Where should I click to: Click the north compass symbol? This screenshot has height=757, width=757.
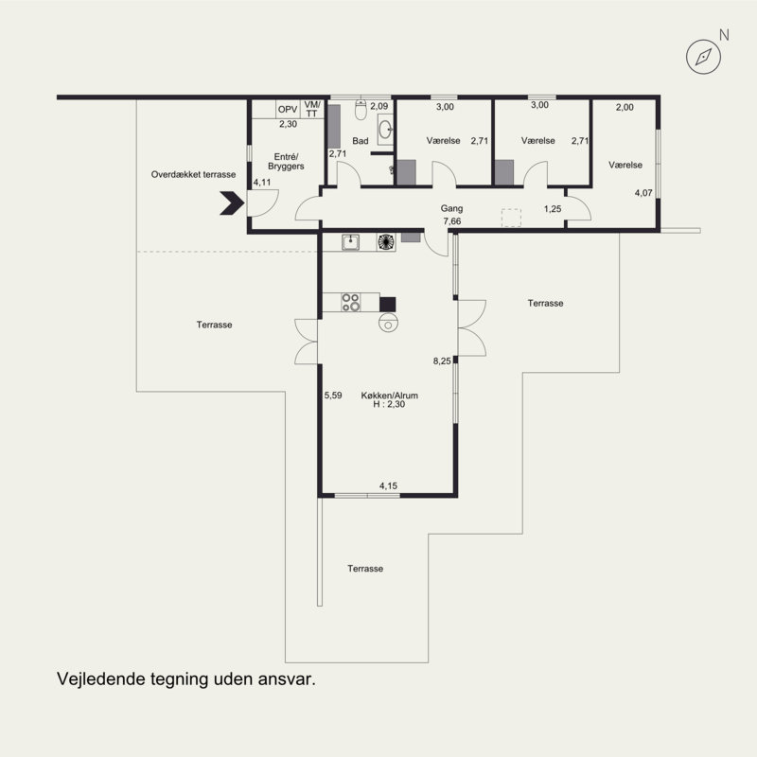pyautogui.click(x=703, y=57)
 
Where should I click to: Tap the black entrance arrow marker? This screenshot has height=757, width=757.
pyautogui.click(x=232, y=202)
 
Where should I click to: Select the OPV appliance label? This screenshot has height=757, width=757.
pyautogui.click(x=288, y=110)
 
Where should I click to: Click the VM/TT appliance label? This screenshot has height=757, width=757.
pyautogui.click(x=312, y=109)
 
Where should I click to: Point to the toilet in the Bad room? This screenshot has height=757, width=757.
pyautogui.click(x=361, y=110)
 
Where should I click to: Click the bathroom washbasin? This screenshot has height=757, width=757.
pyautogui.click(x=385, y=130)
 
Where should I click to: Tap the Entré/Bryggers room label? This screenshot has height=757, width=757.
pyautogui.click(x=287, y=161)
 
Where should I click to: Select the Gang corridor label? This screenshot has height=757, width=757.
pyautogui.click(x=452, y=208)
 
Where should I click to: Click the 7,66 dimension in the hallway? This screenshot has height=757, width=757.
pyautogui.click(x=452, y=221)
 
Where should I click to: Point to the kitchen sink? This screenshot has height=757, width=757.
pyautogui.click(x=350, y=242)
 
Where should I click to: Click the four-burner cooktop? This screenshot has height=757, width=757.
pyautogui.click(x=350, y=302)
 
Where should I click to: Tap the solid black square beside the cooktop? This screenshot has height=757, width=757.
pyautogui.click(x=387, y=304)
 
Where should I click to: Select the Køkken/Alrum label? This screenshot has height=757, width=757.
pyautogui.click(x=390, y=396)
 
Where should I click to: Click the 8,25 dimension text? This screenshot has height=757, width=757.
pyautogui.click(x=442, y=361)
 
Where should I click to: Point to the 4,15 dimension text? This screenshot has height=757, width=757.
pyautogui.click(x=388, y=485)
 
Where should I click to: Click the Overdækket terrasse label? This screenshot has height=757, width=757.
pyautogui.click(x=194, y=174)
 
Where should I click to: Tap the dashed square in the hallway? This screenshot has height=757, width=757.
pyautogui.click(x=511, y=218)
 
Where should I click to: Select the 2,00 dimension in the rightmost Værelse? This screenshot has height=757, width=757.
pyautogui.click(x=625, y=107)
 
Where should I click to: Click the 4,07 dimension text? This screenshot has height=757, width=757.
pyautogui.click(x=643, y=193)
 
